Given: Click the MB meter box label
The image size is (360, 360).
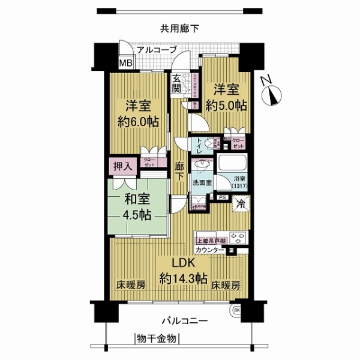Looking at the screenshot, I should pyautogui.click(x=125, y=63).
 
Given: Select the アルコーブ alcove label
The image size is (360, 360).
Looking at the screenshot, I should pyautogui.click(x=157, y=50).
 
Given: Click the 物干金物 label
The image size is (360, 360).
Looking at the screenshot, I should pyautogui.click(x=156, y=339).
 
